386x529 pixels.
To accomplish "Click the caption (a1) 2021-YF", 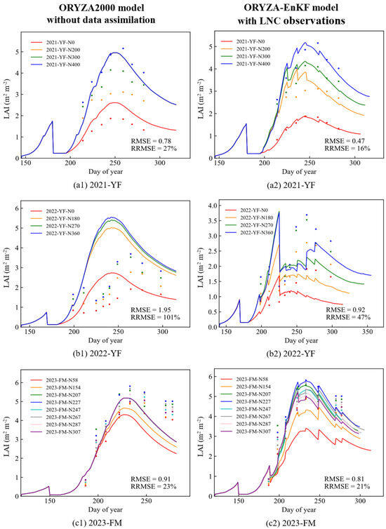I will pyautogui.click(x=98, y=185).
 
